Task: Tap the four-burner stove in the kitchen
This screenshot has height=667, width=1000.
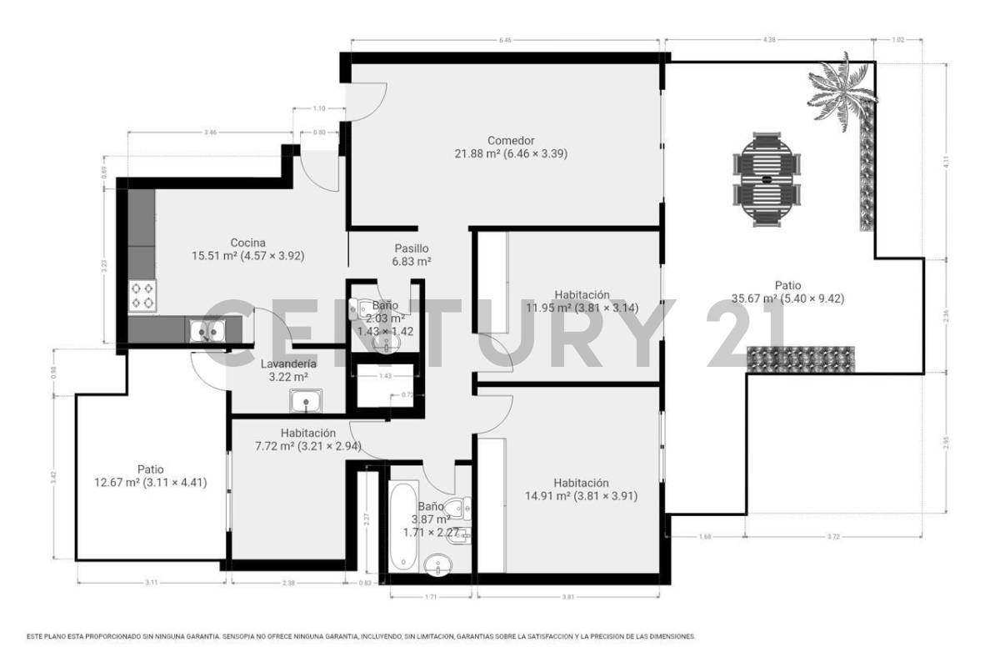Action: click(142, 295)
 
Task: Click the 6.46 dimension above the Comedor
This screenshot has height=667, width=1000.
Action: click(505, 39)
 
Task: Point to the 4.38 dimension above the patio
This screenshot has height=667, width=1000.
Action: click(769, 39)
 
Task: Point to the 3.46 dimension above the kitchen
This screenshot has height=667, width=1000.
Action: click(211, 133)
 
